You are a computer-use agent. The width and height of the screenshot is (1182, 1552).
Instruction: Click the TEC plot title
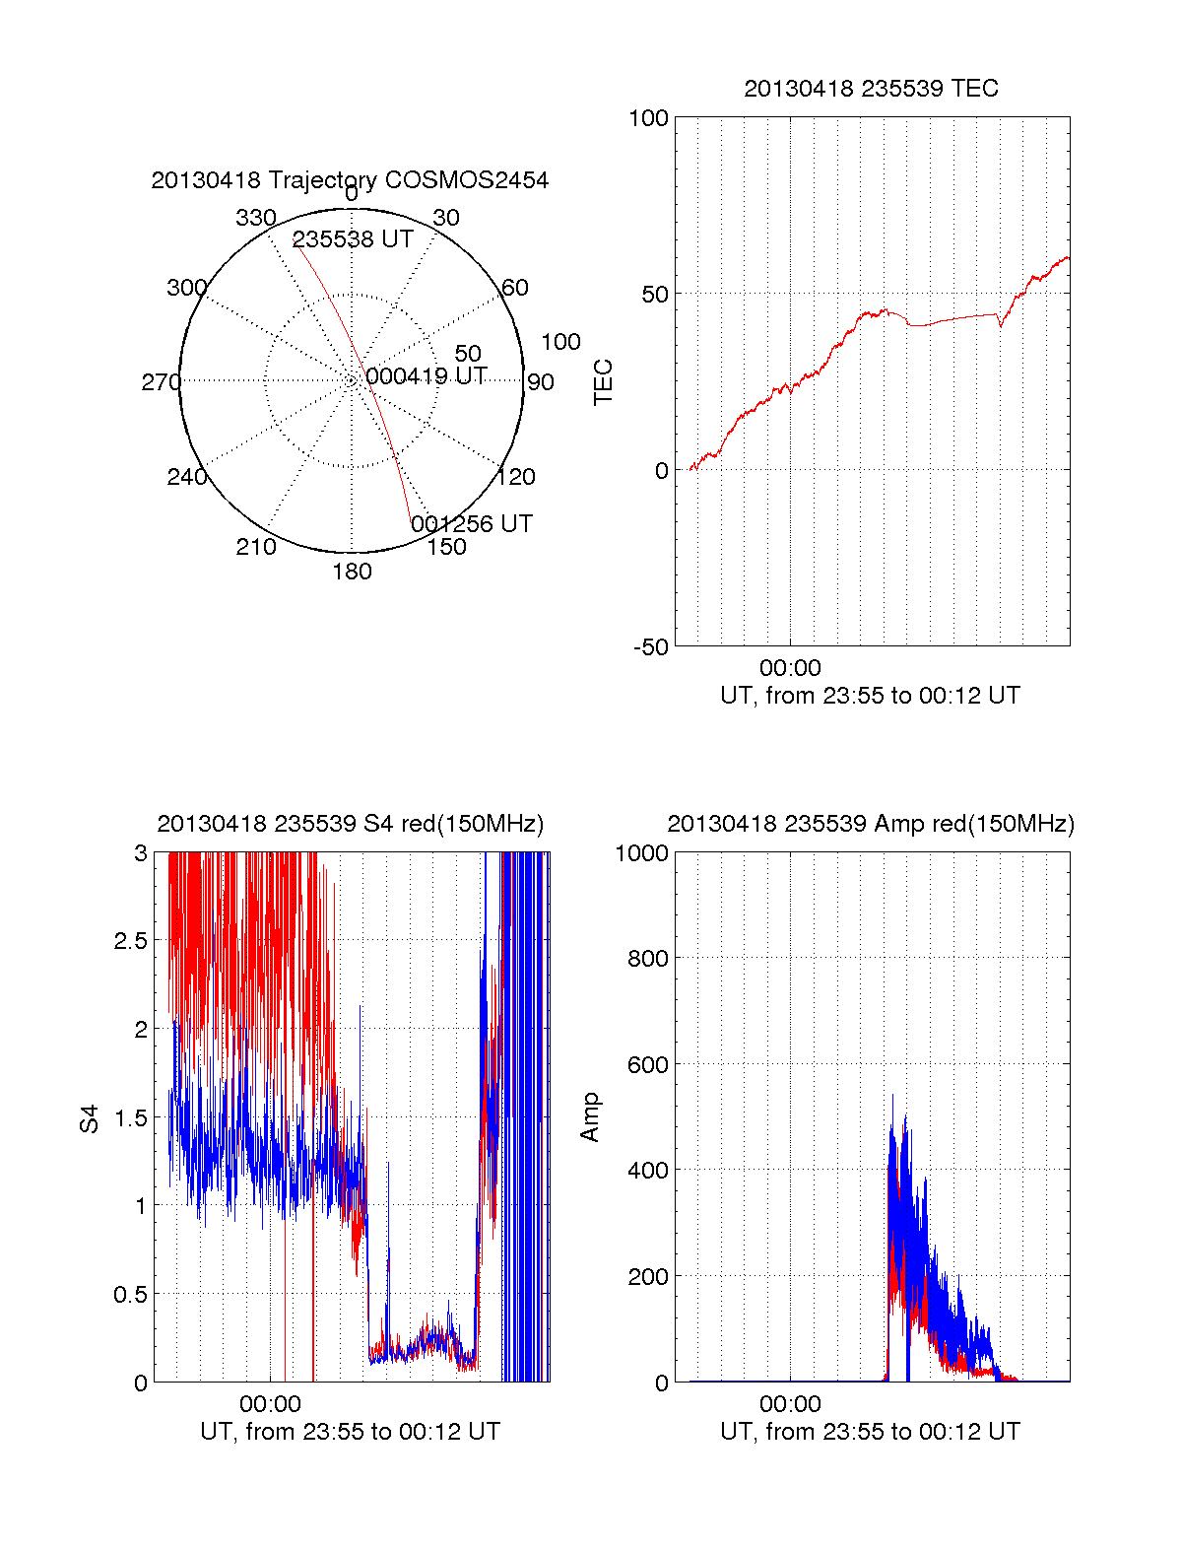871,89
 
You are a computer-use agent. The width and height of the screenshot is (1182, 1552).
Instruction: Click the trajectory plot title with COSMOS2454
350,180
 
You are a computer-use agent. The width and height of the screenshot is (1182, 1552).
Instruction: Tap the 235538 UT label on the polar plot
353,239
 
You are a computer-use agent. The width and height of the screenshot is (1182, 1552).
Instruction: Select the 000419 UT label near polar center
427,376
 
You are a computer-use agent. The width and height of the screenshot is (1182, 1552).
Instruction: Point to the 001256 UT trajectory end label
472,523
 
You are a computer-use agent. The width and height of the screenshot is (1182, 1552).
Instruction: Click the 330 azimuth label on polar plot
255,218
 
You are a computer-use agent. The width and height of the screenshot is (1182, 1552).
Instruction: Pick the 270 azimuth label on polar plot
161,382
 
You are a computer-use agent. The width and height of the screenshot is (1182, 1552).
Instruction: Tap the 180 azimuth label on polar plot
352,572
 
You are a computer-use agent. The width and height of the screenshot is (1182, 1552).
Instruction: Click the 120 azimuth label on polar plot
516,477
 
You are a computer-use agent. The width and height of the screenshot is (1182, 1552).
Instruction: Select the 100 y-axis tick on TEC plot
648,118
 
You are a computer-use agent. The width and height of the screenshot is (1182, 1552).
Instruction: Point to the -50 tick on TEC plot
650,647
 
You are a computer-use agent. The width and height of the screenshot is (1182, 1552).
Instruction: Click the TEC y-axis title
604,382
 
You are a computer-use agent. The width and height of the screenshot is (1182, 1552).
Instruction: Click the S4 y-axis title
90,1118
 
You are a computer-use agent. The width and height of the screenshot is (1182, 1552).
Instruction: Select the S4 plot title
350,824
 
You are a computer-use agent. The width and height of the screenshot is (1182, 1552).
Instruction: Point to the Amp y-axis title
590,1117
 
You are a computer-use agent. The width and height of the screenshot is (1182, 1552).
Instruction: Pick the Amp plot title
871,824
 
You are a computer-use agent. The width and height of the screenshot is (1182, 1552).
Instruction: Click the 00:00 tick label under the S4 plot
270,1404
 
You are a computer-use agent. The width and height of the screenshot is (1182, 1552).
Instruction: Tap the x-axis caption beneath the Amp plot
870,1432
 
